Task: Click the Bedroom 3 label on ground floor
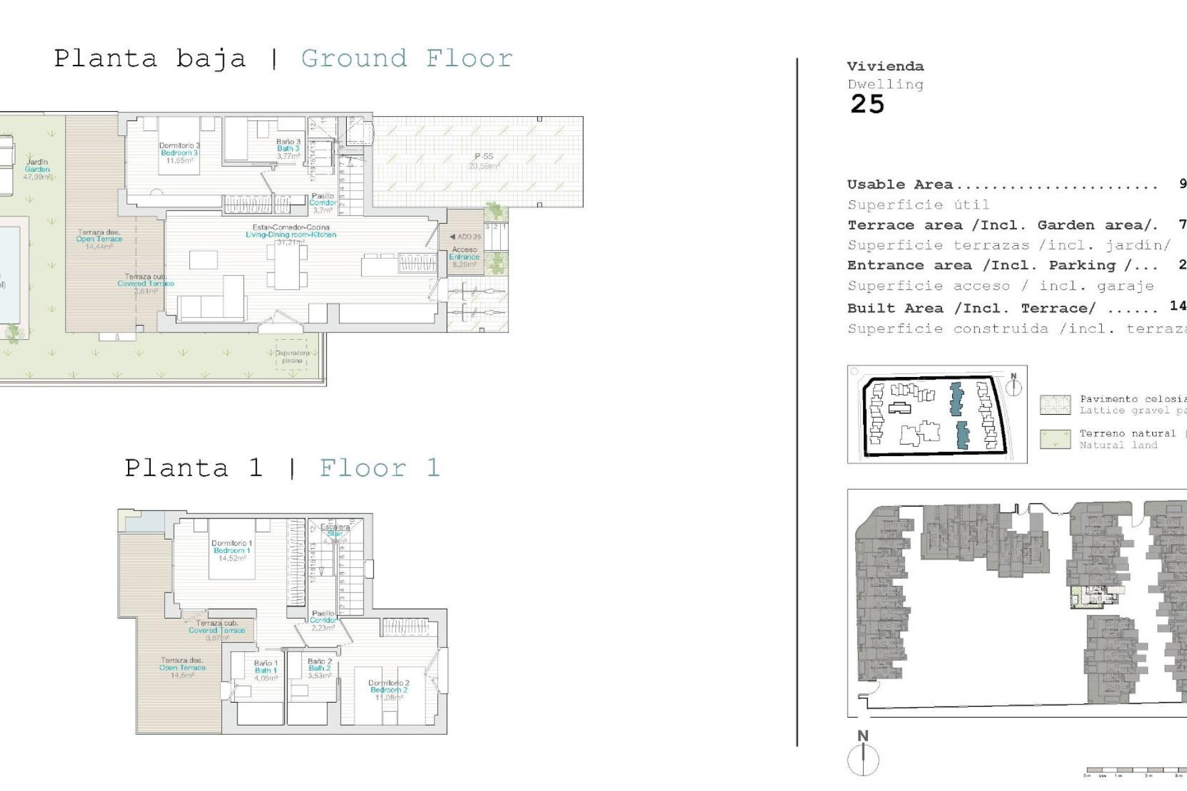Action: pyautogui.click(x=179, y=153)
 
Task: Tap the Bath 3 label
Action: pyautogui.click(x=288, y=148)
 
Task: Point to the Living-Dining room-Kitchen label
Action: pyautogui.click(x=291, y=234)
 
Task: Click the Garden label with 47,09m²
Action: pyautogui.click(x=38, y=169)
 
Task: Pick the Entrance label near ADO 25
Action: pyautogui.click(x=464, y=256)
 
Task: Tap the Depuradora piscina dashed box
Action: pyautogui.click(x=291, y=355)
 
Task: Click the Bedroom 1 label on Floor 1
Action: pyautogui.click(x=232, y=550)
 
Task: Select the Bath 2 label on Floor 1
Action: pyautogui.click(x=320, y=668)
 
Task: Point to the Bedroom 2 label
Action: pyautogui.click(x=388, y=690)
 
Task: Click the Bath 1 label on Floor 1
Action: pyautogui.click(x=266, y=670)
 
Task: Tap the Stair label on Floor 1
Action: pyautogui.click(x=335, y=534)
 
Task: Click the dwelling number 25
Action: pyautogui.click(x=867, y=104)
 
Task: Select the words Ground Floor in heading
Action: pyautogui.click(x=407, y=59)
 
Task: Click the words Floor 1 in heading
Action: pyautogui.click(x=380, y=468)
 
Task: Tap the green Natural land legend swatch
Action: pyautogui.click(x=1055, y=439)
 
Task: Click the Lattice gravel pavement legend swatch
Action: pyautogui.click(x=1055, y=405)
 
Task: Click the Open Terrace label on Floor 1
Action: pyautogui.click(x=182, y=667)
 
